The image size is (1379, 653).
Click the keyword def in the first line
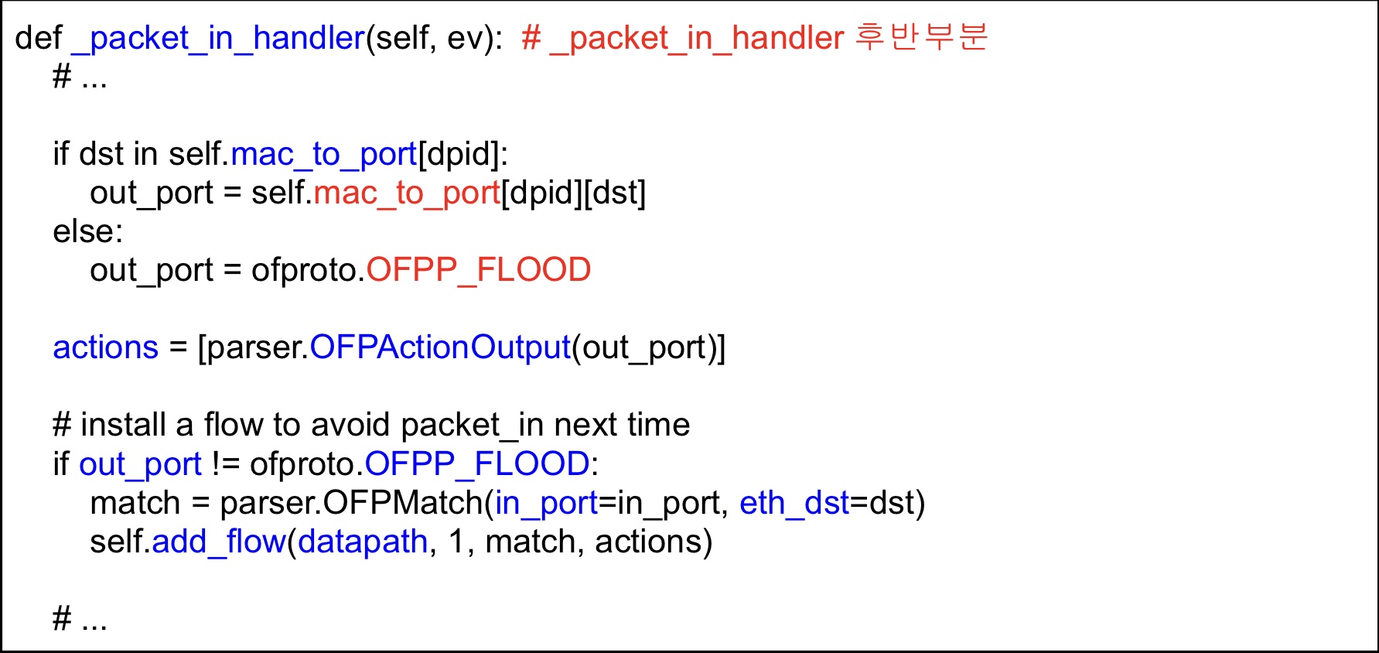[x=38, y=38]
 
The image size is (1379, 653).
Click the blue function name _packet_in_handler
[x=218, y=38]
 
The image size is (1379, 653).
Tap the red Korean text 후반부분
[x=921, y=36]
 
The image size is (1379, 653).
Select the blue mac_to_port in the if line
[x=323, y=154]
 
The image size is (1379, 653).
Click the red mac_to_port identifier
[x=406, y=193]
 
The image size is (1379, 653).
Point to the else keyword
[x=87, y=231]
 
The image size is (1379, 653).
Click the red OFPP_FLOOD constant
[x=478, y=270]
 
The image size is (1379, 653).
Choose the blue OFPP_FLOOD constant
[x=476, y=463]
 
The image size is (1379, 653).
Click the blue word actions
[x=105, y=347]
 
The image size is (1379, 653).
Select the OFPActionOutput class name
[x=439, y=347]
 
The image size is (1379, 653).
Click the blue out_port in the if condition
[x=140, y=464]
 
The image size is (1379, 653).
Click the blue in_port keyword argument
[x=546, y=503]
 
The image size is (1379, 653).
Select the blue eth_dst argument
[x=794, y=503]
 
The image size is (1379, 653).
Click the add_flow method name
[x=219, y=542]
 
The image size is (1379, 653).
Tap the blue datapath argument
[x=362, y=542]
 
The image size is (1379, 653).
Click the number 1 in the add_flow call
[x=456, y=542]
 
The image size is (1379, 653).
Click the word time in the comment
[x=658, y=425]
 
